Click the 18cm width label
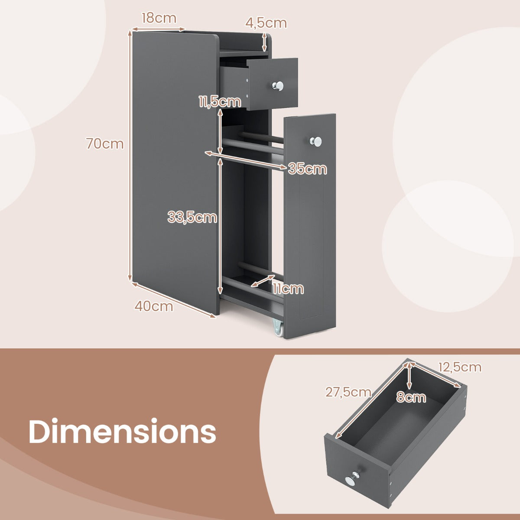pyautogui.click(x=159, y=18)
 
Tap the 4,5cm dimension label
pyautogui.click(x=266, y=23)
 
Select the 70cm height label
pyautogui.click(x=105, y=143)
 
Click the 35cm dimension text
pyautogui.click(x=307, y=169)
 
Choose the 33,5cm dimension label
pyautogui.click(x=192, y=217)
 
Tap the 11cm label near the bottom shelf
pyautogui.click(x=288, y=289)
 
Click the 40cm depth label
pyautogui.click(x=153, y=306)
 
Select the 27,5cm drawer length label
pyautogui.click(x=348, y=392)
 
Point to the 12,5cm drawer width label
pyautogui.click(x=460, y=367)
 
